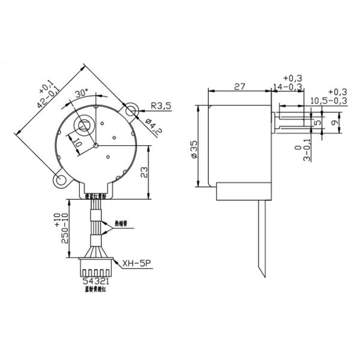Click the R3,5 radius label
(161, 106)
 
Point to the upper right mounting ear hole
(130, 110)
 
